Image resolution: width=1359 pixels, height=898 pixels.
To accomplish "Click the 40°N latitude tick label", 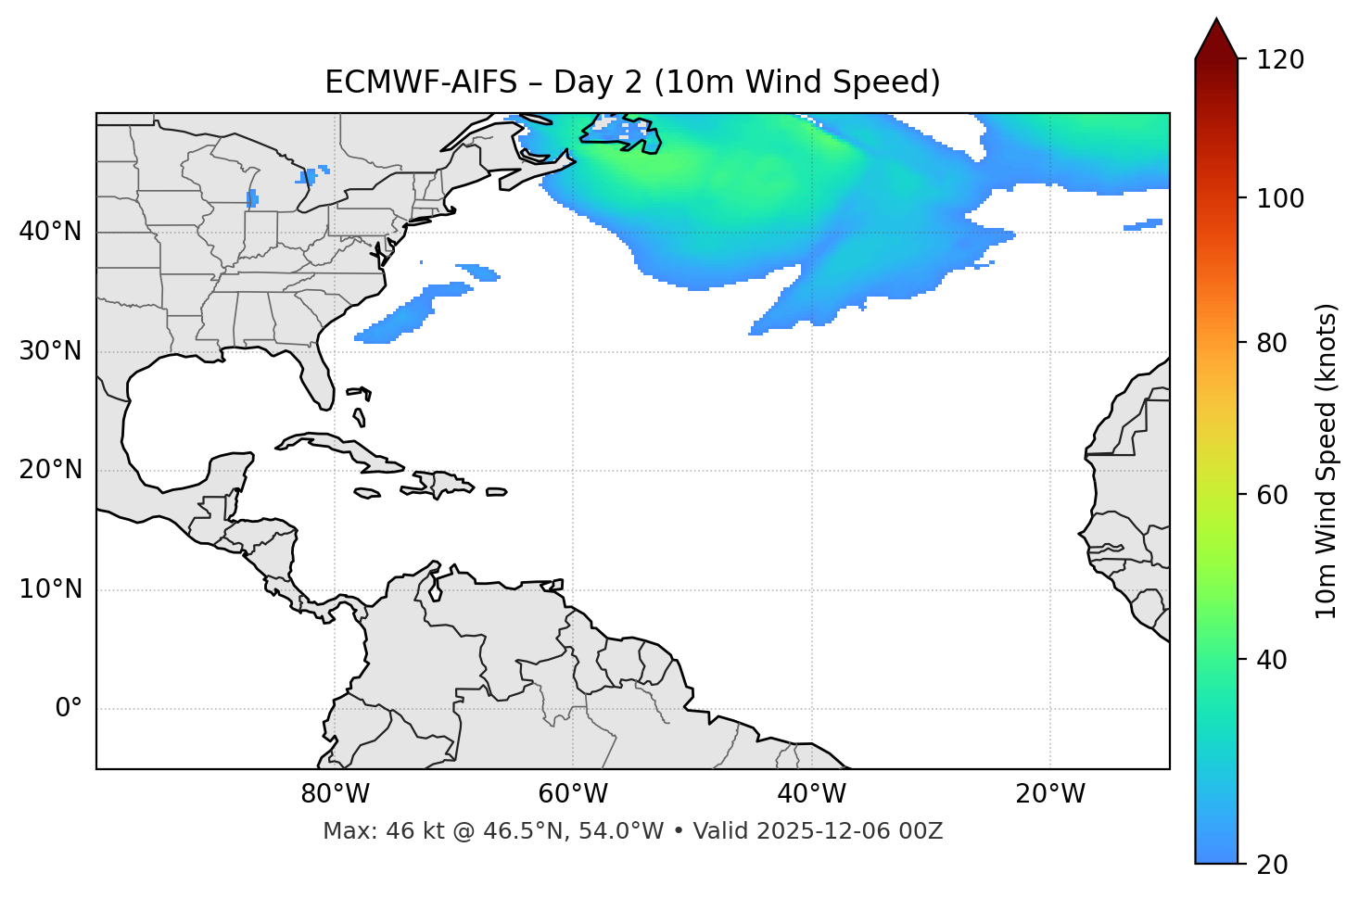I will (x=50, y=232).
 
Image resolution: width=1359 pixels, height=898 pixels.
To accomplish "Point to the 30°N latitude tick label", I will (x=50, y=351).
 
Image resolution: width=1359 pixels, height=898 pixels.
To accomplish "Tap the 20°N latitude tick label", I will (x=50, y=470).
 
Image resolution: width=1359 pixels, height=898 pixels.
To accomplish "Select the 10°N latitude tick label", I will (x=50, y=589).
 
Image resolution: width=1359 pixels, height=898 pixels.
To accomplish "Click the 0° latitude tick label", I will (x=69, y=709).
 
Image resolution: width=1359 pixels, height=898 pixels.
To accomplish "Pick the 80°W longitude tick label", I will (x=335, y=794).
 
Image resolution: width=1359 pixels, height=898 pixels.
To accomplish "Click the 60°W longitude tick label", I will (x=573, y=794).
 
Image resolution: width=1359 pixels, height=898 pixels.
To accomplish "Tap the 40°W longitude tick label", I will (x=811, y=794).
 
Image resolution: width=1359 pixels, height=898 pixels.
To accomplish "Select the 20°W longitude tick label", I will (x=1050, y=794).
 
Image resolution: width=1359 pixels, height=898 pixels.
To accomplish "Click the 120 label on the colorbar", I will (x=1279, y=60).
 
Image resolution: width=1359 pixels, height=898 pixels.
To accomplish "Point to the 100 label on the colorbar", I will (x=1279, y=198).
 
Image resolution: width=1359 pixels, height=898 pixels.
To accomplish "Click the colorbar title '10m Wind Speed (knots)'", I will (x=1327, y=461).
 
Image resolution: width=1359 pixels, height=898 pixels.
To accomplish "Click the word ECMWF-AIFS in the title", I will (x=421, y=82).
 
